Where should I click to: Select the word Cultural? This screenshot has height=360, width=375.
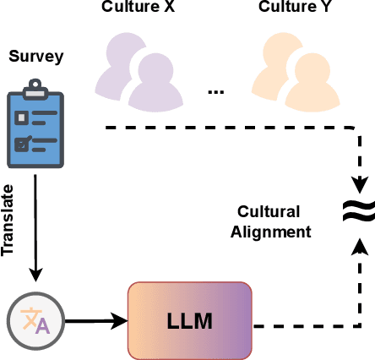[x=264, y=212]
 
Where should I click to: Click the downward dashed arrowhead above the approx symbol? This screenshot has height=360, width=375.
[x=357, y=183]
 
